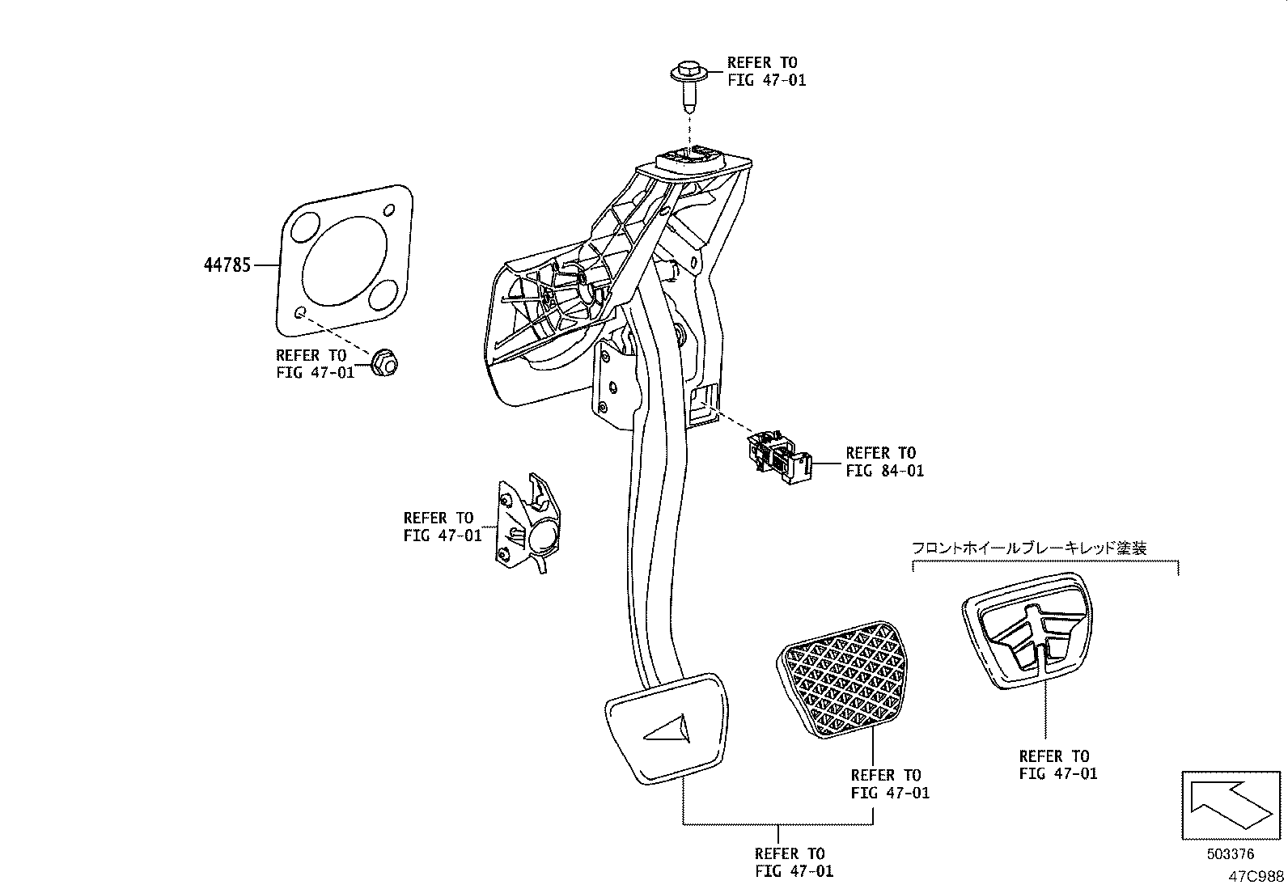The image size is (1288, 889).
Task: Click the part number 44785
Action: click(227, 265)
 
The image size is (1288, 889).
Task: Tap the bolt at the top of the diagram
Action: click(688, 83)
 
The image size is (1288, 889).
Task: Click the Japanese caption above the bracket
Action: click(1029, 548)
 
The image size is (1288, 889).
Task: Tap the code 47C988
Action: click(1256, 875)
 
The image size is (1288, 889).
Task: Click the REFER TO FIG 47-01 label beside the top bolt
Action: click(765, 71)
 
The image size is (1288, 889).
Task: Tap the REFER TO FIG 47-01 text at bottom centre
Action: click(793, 861)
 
